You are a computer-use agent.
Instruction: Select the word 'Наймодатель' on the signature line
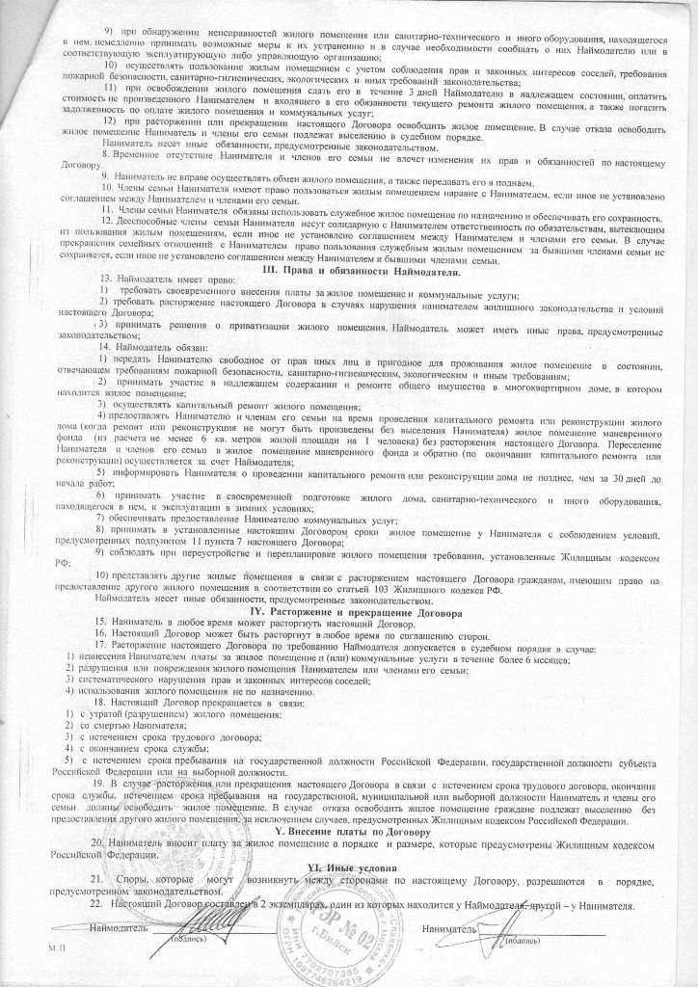click(118, 932)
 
